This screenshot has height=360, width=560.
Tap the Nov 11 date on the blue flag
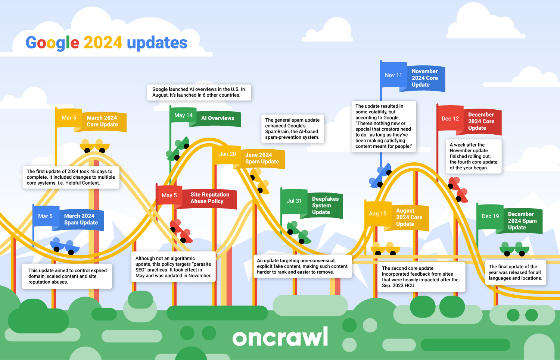[x=393, y=75]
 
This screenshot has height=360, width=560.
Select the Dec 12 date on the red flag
[x=450, y=119]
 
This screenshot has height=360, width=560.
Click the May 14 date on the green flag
[x=183, y=115]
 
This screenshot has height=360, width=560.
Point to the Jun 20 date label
[x=227, y=154]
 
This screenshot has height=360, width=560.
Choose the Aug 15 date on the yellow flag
[x=377, y=214]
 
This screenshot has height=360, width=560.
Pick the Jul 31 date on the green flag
[x=294, y=201]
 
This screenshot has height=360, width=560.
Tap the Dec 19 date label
[x=490, y=216]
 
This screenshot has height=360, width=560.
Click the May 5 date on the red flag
[x=169, y=195]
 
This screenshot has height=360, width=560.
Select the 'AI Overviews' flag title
[x=218, y=118]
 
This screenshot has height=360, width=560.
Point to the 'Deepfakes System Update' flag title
[x=325, y=205]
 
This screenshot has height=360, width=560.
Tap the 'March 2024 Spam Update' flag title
[x=81, y=219]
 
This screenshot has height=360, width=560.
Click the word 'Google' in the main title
[x=53, y=43]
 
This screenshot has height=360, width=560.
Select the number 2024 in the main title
[x=103, y=43]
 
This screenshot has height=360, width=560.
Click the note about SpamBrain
[x=292, y=129]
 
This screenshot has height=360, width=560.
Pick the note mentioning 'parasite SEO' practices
[x=173, y=267]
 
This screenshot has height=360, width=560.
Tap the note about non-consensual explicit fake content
[x=302, y=266]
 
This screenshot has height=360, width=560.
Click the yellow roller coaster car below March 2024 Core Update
[x=94, y=146]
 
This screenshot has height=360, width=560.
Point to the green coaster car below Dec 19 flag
[x=514, y=249]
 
